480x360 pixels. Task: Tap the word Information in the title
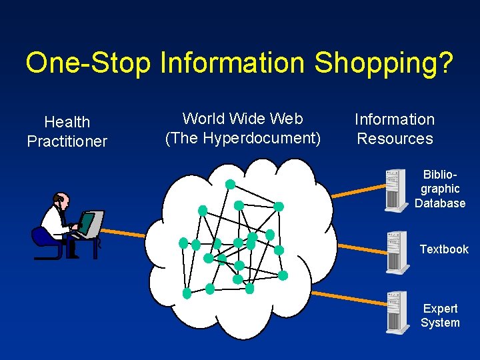[234, 63]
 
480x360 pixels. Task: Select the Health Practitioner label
[67, 131]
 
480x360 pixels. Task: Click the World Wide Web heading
[243, 119]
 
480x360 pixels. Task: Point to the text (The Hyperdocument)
[243, 138]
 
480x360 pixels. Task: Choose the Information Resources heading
[395, 129]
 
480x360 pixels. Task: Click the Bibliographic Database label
[440, 189]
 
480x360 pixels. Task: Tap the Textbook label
[444, 249]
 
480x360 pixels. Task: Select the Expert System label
[440, 315]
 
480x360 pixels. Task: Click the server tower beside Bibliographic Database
[397, 190]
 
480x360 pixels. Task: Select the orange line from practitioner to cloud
[123, 231]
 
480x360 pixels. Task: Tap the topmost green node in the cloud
[230, 183]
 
